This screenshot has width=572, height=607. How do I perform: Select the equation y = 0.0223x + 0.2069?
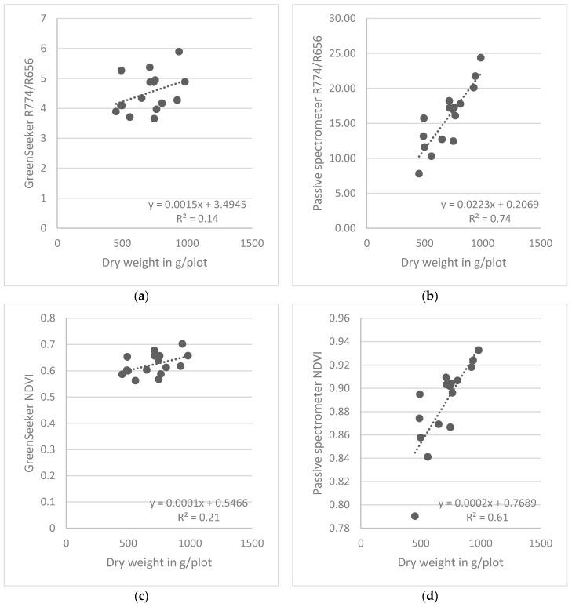click(489, 205)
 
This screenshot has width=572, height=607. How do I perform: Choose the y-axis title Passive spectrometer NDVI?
click(318, 423)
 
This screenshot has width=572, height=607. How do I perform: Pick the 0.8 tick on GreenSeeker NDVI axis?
click(49, 318)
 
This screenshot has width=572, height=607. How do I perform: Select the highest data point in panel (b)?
click(481, 57)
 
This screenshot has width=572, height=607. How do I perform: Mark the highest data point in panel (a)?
click(179, 52)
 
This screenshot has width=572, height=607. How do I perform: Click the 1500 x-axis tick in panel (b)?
click(540, 243)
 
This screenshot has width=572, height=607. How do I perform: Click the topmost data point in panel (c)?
click(182, 343)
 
